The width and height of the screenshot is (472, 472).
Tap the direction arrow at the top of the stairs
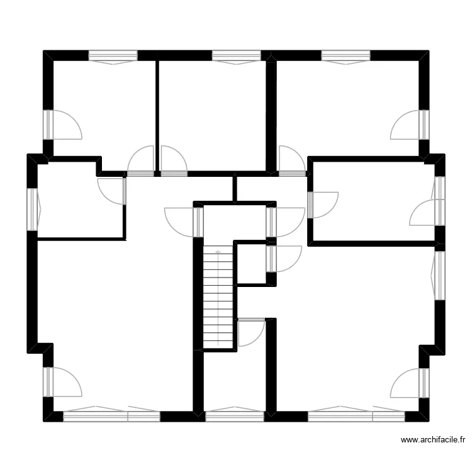tap(218, 252)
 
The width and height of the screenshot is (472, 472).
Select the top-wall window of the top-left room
tap(113, 56)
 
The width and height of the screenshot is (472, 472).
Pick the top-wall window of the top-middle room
tap(236, 56)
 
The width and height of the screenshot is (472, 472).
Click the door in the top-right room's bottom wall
tap(291, 160)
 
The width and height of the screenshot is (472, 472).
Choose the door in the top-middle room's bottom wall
tap(174, 161)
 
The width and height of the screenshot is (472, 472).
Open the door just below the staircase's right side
tap(250, 331)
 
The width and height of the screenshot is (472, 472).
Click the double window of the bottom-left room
tap(111, 415)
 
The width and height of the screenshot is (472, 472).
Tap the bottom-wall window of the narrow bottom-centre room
tap(234, 415)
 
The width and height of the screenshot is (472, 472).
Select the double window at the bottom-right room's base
tap(356, 415)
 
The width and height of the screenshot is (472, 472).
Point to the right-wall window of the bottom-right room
tap(440, 275)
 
